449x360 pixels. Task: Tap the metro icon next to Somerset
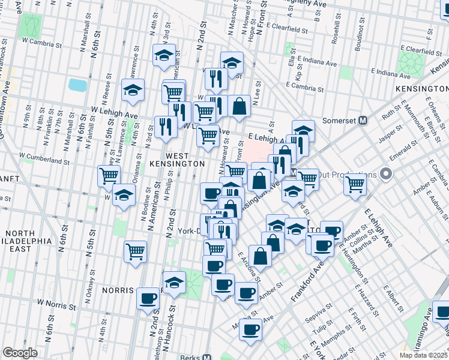click(363, 120)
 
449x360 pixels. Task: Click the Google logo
click(20, 353)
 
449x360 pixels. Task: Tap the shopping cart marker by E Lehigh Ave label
click(208, 135)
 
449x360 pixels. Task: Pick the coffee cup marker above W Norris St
click(148, 298)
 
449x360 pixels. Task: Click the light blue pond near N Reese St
click(77, 85)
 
